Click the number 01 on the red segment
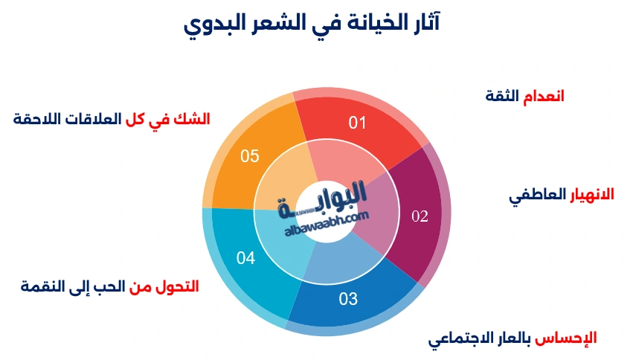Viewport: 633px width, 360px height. click(358, 123)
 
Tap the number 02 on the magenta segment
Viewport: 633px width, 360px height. click(420, 216)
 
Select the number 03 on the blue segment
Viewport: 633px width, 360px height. click(348, 299)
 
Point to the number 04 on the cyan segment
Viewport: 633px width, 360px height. click(246, 258)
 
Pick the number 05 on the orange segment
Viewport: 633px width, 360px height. click(250, 155)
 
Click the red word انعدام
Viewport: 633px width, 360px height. click(543, 96)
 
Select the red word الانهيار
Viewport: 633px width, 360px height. click(592, 195)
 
